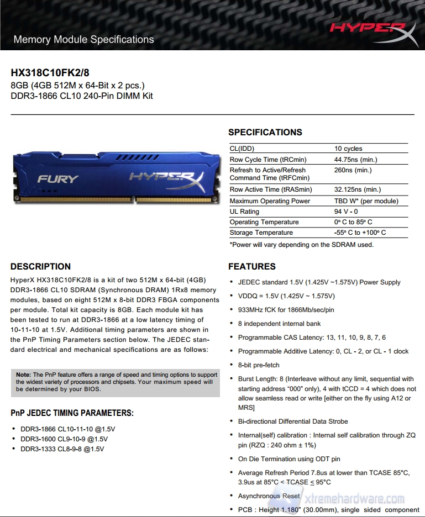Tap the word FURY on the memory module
point(58,179)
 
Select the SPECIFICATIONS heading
point(265,132)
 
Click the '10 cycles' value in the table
point(348,149)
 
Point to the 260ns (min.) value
point(353,170)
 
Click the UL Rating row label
point(244,212)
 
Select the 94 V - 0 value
point(346,212)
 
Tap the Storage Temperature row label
point(261,233)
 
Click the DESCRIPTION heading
point(40,266)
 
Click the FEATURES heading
point(252,266)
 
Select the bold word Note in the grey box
point(23,374)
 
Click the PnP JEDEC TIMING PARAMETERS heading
point(72,413)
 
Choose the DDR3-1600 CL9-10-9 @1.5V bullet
point(64,439)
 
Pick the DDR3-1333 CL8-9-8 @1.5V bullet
point(62,449)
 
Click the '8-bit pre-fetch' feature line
point(259,365)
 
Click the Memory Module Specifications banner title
point(83,40)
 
